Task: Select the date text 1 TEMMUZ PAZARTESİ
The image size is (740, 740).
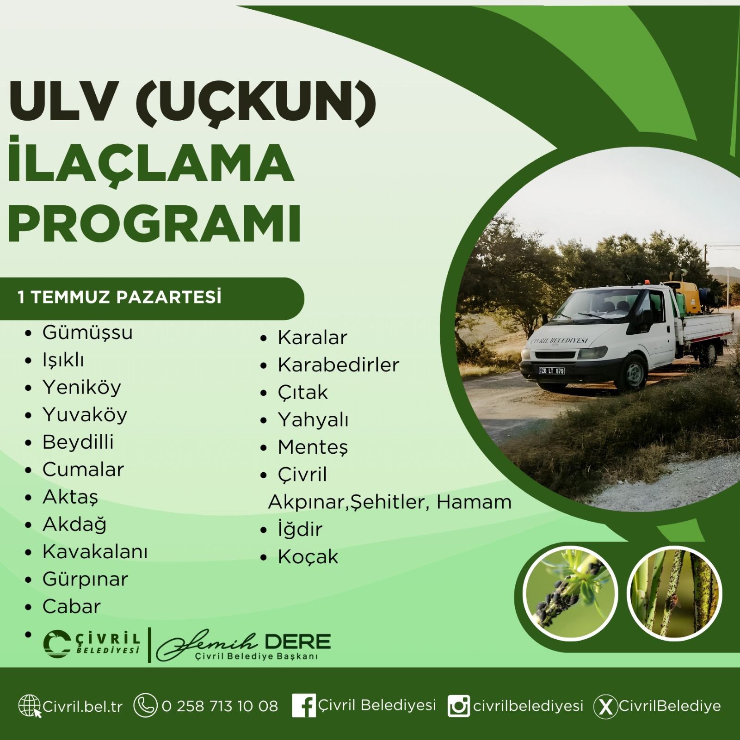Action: click(x=119, y=297)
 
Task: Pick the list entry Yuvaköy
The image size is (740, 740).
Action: click(x=85, y=415)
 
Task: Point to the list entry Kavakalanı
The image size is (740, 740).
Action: click(x=95, y=552)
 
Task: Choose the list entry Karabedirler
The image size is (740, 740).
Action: click(x=338, y=365)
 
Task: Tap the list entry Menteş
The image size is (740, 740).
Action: click(x=313, y=448)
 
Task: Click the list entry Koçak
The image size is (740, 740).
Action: click(x=308, y=557)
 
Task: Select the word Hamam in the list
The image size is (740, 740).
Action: click(x=474, y=502)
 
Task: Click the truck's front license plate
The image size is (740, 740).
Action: click(x=551, y=370)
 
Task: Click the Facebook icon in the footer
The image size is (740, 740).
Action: click(x=304, y=706)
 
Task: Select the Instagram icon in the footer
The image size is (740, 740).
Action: click(x=459, y=706)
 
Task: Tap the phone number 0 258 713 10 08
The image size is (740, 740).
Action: click(x=220, y=706)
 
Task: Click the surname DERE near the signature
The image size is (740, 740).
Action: click(x=298, y=641)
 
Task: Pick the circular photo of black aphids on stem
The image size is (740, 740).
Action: click(x=570, y=593)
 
